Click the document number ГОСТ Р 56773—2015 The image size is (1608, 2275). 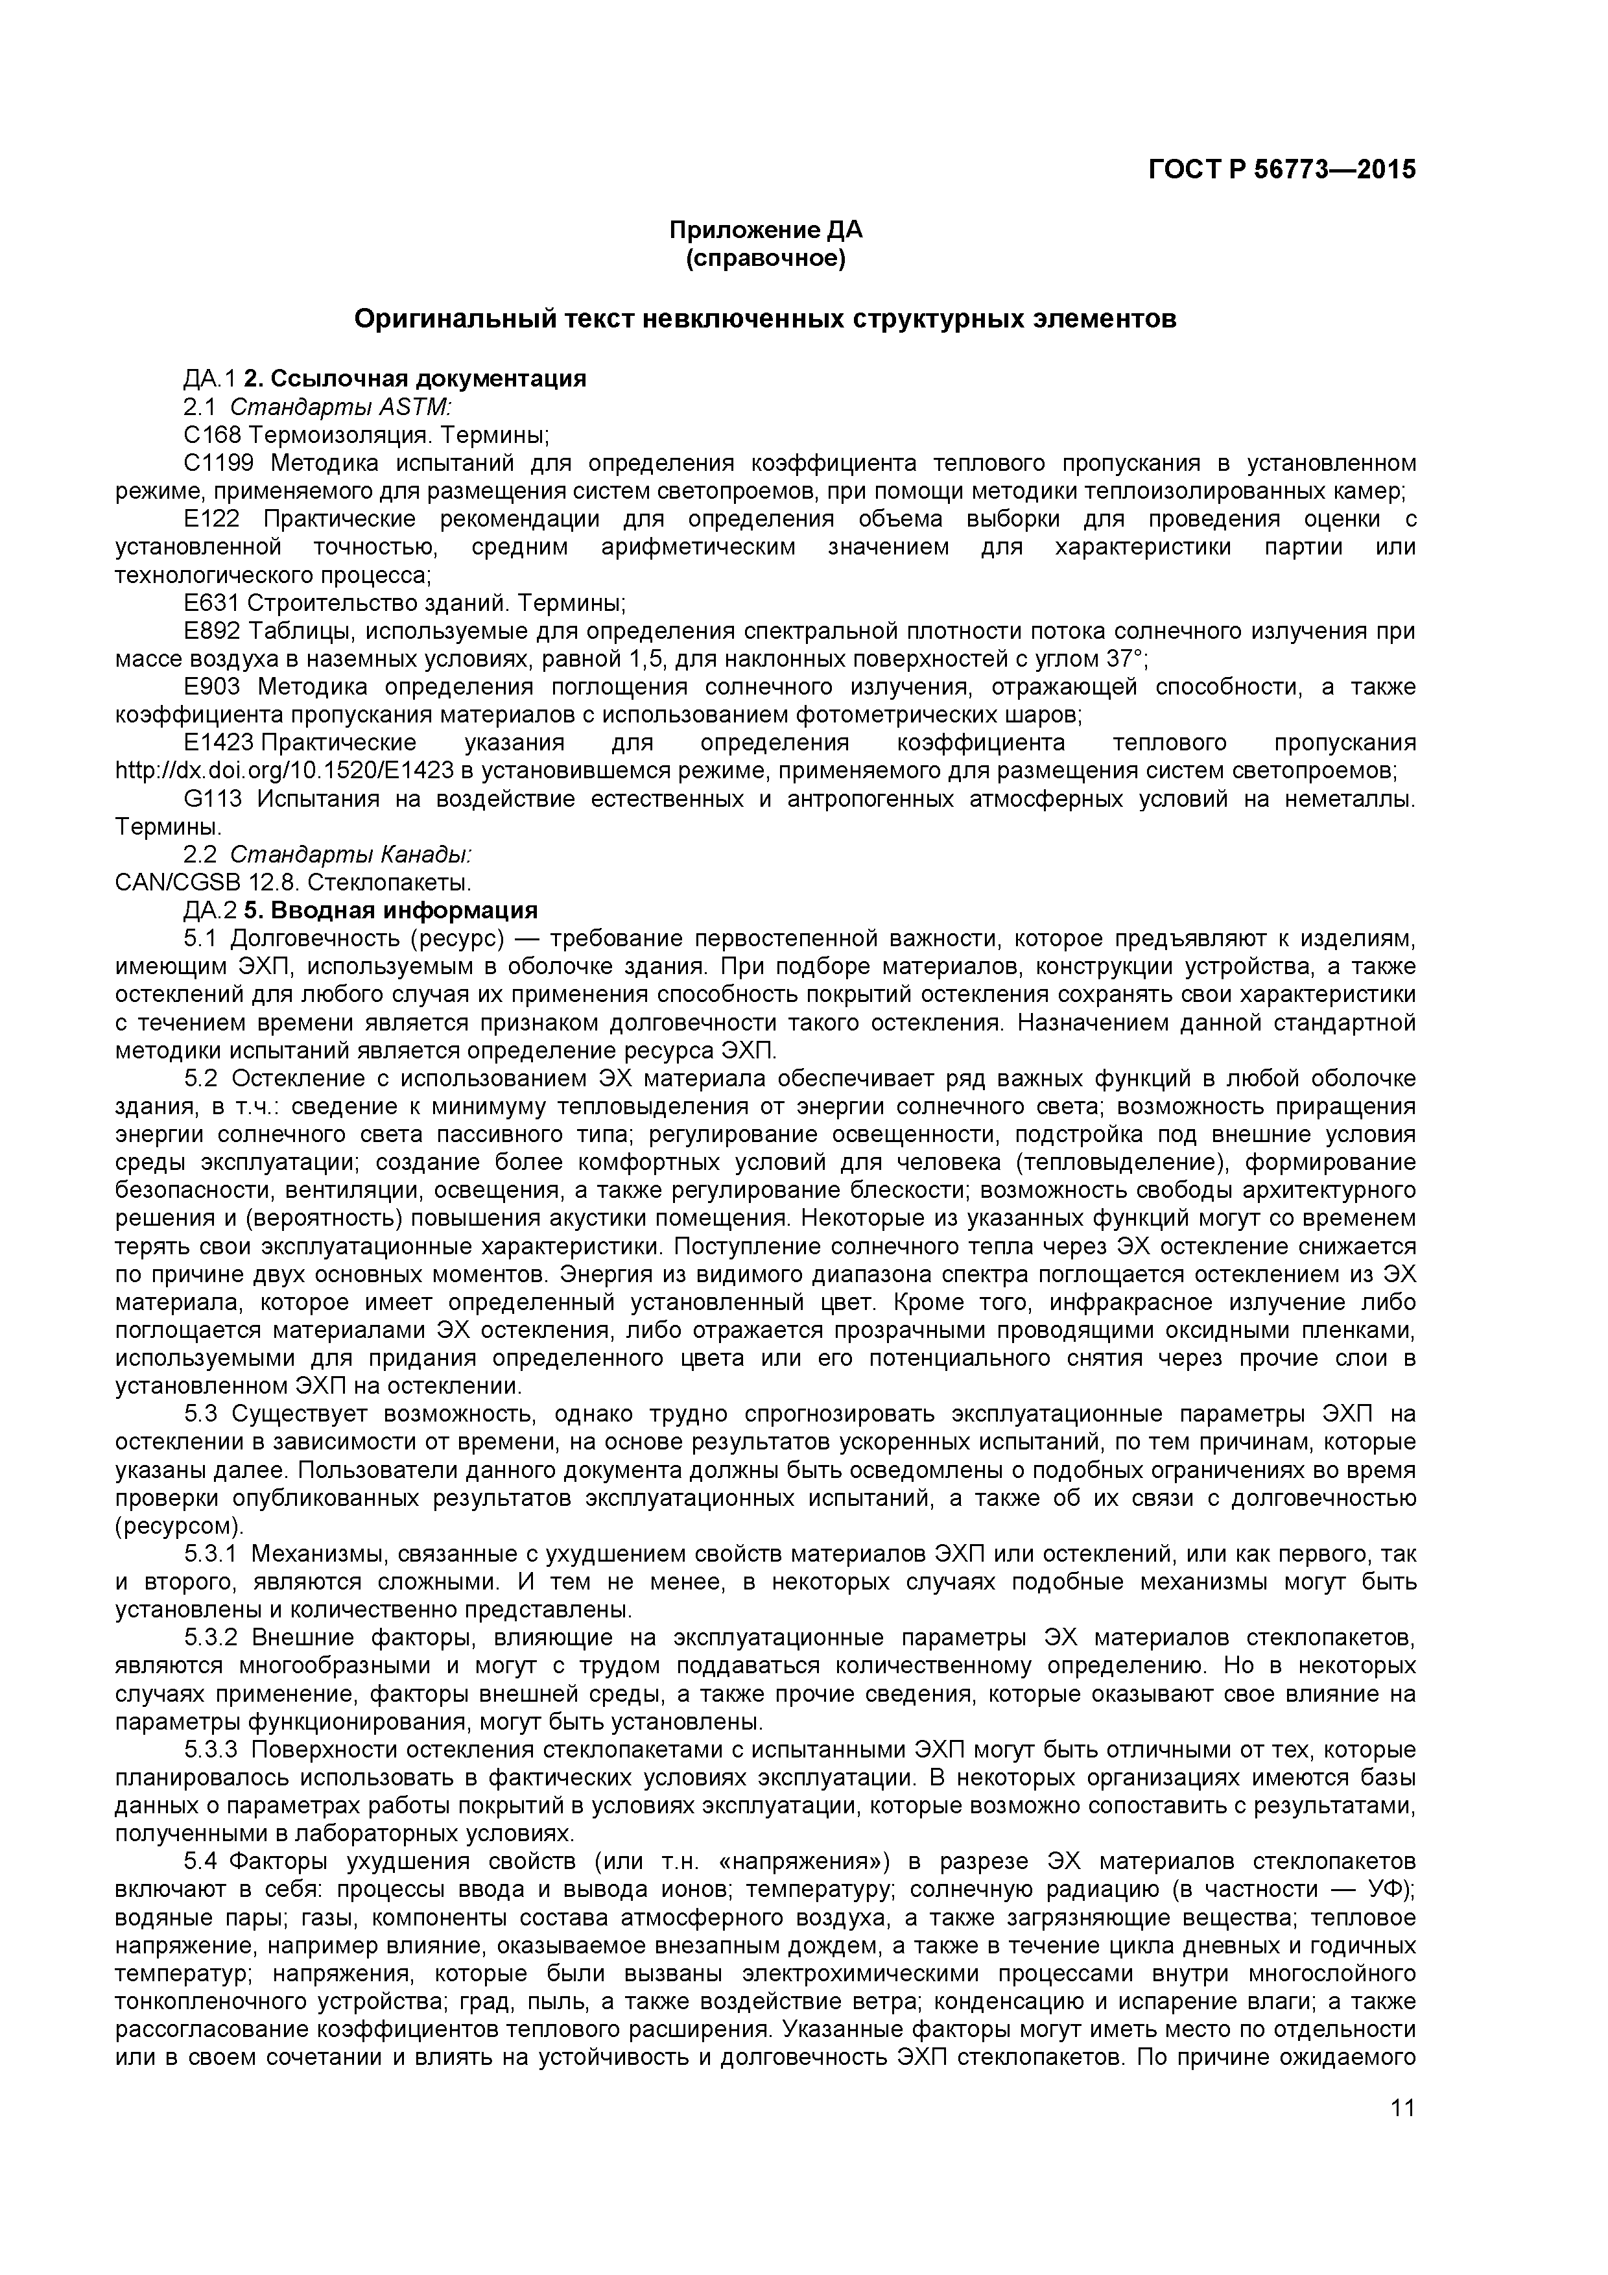click(x=1281, y=169)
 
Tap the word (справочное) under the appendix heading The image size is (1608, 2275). click(x=765, y=259)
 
